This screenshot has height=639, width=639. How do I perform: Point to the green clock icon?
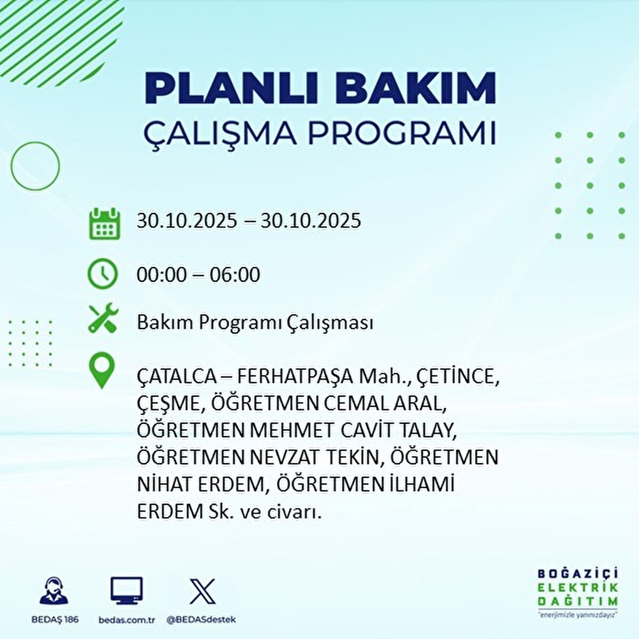[102, 274]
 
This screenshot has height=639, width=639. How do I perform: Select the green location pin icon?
[102, 372]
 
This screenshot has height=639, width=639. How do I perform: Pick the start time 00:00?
[162, 275]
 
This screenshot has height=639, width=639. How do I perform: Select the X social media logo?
[202, 591]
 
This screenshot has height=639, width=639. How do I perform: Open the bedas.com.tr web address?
[127, 620]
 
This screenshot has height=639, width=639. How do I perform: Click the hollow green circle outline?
[35, 166]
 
